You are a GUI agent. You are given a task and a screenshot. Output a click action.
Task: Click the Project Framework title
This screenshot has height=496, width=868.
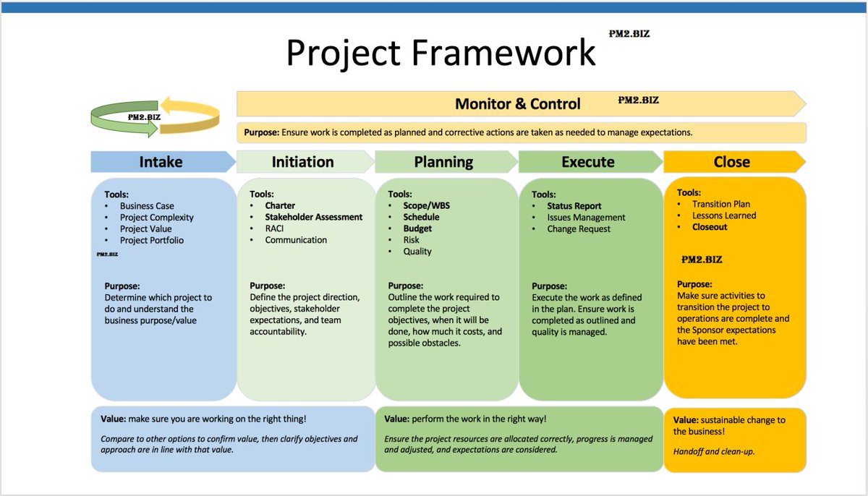[x=441, y=53]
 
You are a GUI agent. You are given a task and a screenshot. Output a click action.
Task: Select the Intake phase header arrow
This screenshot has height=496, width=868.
[x=161, y=162]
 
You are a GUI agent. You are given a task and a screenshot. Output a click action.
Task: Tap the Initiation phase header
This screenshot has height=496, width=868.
[x=302, y=162]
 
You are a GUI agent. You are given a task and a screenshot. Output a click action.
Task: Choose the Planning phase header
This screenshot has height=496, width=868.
[x=443, y=162]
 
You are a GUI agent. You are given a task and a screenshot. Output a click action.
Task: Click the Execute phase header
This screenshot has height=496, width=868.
[x=587, y=162]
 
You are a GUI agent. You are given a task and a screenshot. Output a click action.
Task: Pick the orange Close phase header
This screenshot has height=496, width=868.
[x=731, y=162]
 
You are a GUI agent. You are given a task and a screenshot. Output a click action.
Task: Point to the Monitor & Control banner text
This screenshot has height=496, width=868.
[x=517, y=104]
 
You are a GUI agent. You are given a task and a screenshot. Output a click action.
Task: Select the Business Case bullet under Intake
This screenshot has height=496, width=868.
[x=147, y=206]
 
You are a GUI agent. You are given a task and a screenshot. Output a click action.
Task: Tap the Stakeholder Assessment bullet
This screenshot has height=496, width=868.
[x=313, y=217]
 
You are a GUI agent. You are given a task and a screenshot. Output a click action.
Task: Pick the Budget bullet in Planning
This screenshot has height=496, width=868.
[x=417, y=228]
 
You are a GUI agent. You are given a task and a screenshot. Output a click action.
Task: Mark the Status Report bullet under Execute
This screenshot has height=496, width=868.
[x=574, y=206]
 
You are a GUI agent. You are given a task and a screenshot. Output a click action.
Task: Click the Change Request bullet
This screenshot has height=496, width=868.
[x=579, y=229]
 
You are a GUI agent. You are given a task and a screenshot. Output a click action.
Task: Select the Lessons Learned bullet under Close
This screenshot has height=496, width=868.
[x=724, y=215]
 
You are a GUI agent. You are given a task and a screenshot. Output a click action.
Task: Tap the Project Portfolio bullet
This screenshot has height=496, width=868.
[x=152, y=241]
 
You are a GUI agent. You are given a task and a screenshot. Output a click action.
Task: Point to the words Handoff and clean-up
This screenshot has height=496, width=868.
[x=715, y=452]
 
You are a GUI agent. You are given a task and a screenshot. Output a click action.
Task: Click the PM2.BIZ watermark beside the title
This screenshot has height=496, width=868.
[x=629, y=34]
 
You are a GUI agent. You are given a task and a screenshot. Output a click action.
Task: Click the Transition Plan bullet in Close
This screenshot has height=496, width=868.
[x=721, y=204]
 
